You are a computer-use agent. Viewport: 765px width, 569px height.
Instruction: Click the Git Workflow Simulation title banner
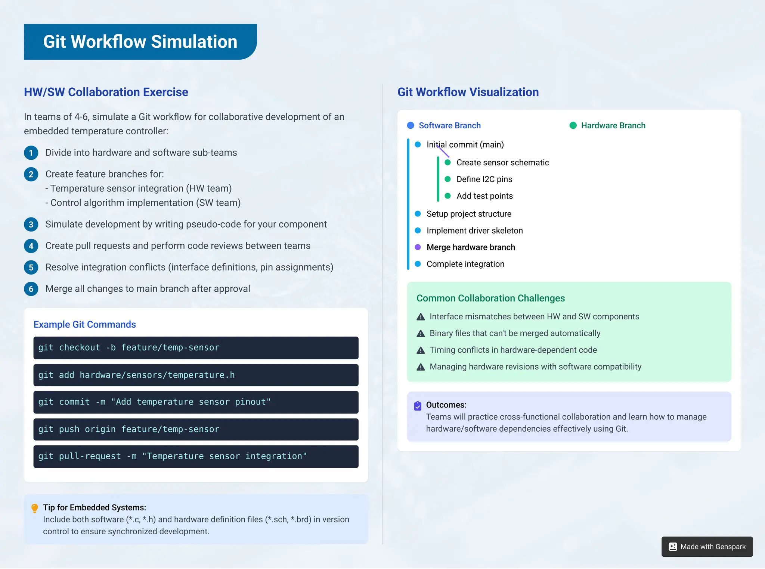[x=140, y=41]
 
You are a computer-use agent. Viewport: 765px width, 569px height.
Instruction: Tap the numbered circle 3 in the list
[x=31, y=225]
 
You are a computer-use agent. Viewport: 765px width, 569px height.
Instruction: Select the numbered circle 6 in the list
[x=31, y=289]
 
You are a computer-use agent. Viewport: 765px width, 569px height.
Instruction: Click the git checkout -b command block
[x=196, y=348]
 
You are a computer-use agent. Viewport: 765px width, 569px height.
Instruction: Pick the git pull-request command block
[x=196, y=456]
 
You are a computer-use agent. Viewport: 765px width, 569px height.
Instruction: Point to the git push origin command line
[x=196, y=429]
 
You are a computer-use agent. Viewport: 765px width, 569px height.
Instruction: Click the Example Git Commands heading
[x=84, y=325]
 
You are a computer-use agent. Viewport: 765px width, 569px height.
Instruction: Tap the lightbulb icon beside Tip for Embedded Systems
[x=35, y=508]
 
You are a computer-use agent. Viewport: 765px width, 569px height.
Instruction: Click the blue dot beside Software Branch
[x=411, y=126]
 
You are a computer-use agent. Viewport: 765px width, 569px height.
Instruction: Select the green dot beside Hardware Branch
[x=573, y=126]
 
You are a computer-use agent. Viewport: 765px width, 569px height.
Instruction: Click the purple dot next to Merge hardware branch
[x=418, y=247]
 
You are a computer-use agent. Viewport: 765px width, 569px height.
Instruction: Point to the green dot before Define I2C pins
[x=447, y=179]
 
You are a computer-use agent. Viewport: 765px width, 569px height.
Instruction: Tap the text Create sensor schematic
[x=502, y=163]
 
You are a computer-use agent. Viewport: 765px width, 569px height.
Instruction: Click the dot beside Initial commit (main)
[x=418, y=145]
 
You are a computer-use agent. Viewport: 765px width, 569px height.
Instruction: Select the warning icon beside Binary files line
[x=421, y=334]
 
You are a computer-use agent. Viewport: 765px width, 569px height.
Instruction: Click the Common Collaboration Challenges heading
[x=490, y=298]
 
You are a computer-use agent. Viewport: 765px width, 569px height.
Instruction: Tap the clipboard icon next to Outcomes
[x=418, y=406]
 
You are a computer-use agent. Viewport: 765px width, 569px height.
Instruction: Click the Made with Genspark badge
[x=707, y=547]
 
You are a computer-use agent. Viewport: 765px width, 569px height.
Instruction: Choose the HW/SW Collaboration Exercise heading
[x=106, y=92]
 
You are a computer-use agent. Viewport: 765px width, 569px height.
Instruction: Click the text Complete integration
[x=465, y=264]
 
